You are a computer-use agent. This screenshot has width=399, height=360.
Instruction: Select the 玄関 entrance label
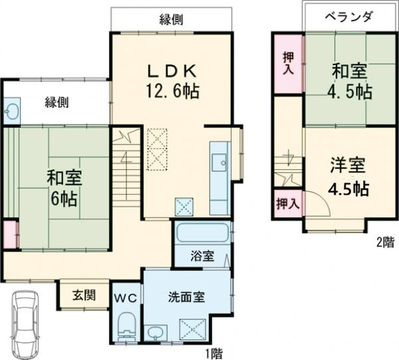coord(83,294)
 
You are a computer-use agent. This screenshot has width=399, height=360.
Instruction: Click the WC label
coord(128,298)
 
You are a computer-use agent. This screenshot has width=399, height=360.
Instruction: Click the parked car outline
coord(27,325)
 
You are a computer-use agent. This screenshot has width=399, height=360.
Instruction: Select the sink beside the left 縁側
coord(12,110)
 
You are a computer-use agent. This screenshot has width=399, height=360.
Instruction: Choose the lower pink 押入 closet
coord(287,203)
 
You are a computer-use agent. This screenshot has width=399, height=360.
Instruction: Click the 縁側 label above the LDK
coord(171,19)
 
